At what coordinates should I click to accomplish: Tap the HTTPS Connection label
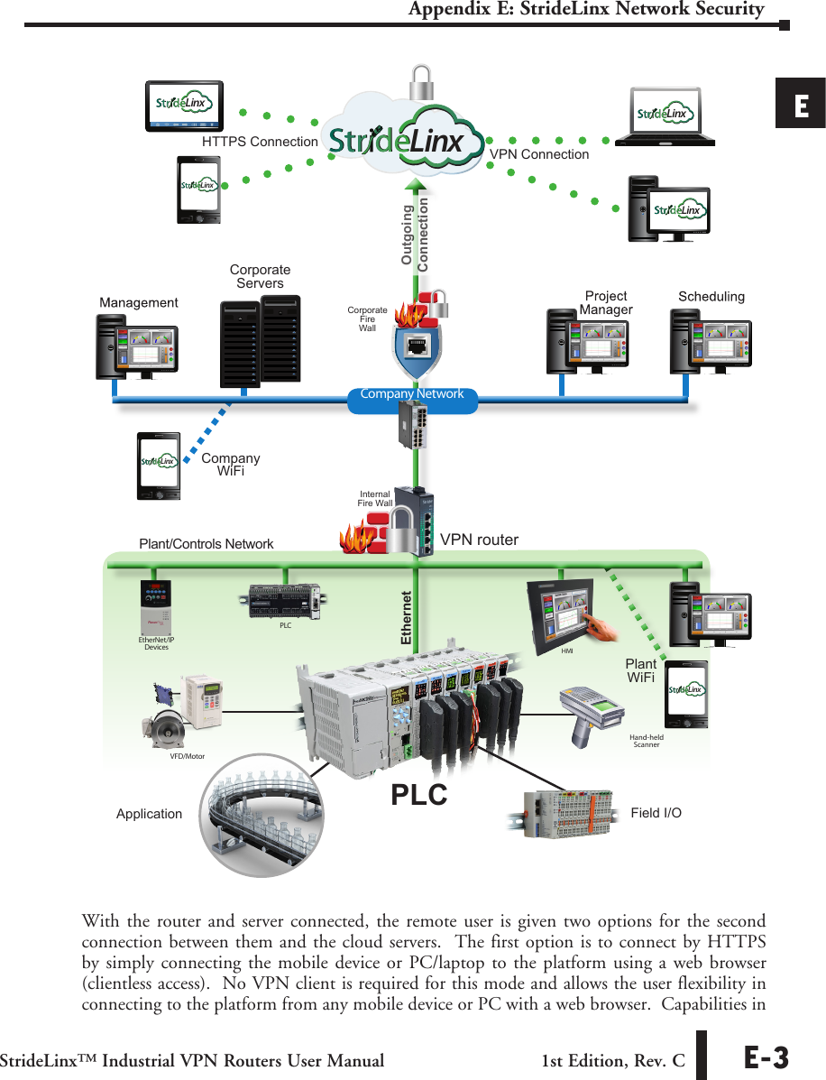click(x=260, y=142)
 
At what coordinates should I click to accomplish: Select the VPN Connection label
click(x=539, y=154)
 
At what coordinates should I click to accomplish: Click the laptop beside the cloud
click(x=665, y=117)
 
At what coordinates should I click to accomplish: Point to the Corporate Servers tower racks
click(x=260, y=339)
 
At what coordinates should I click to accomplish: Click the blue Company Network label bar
click(x=411, y=395)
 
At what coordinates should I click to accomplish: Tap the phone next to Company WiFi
click(x=159, y=466)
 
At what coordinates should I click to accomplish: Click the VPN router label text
click(x=479, y=540)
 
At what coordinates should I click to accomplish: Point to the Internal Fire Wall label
click(x=375, y=499)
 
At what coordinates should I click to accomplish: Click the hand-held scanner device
click(x=592, y=714)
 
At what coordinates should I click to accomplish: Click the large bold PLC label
click(x=419, y=795)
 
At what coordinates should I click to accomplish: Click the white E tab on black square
click(x=801, y=104)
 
